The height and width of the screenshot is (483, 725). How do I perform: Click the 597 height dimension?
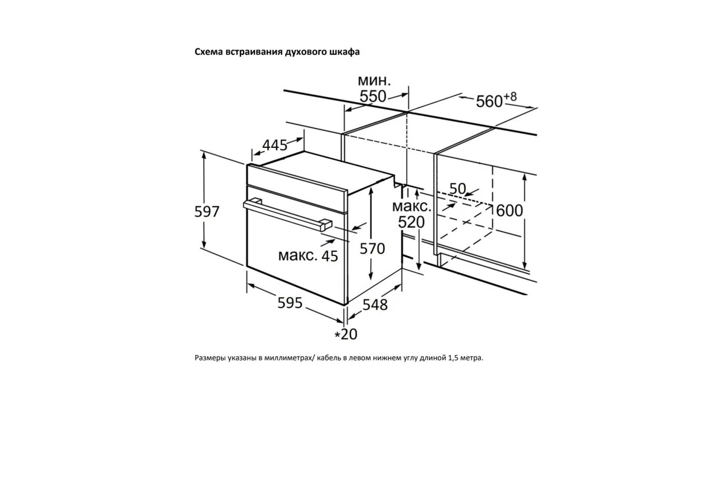point(207,211)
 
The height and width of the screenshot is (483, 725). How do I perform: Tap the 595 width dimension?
point(290,303)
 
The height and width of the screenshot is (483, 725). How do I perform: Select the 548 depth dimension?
point(375,304)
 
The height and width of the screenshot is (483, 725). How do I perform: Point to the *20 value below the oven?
point(346,334)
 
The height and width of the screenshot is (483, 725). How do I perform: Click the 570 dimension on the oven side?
point(372,249)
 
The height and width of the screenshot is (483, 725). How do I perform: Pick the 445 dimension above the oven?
point(275,146)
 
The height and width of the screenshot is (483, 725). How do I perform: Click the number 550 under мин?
point(373,96)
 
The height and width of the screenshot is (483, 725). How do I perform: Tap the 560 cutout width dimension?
point(489,101)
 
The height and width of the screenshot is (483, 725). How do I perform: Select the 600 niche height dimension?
point(509,211)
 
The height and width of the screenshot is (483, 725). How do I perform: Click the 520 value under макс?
point(411,222)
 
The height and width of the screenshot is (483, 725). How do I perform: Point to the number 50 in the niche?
point(458,188)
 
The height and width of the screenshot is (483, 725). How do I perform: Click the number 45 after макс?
point(330,256)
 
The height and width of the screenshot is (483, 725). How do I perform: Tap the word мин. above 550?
point(374,80)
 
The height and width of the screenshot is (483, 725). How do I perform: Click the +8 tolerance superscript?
point(510,97)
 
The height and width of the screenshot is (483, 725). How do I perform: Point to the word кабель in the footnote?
point(329,358)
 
